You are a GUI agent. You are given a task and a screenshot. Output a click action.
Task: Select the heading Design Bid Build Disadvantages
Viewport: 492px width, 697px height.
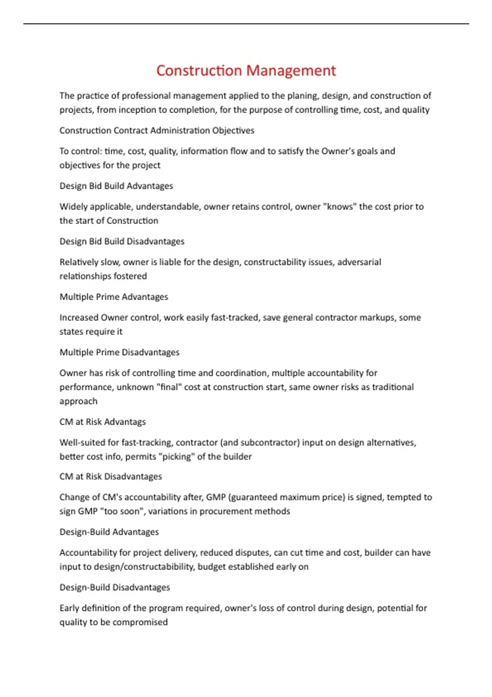point(122,241)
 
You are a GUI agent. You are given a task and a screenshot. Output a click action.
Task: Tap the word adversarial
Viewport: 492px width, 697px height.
point(359,262)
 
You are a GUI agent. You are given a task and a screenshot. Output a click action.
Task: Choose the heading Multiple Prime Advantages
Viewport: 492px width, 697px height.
point(114,297)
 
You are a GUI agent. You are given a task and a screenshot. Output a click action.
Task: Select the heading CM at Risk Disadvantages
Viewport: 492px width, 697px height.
point(111,476)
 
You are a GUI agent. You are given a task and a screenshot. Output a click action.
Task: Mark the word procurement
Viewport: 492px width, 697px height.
point(225,511)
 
